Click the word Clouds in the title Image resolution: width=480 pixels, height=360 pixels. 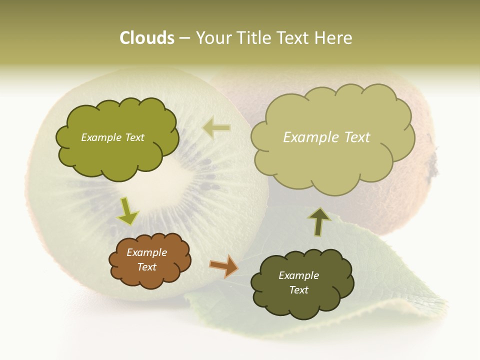coord(146,38)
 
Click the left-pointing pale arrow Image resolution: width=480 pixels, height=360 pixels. coord(216,128)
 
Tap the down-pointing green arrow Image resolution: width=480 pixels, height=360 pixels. coord(127,211)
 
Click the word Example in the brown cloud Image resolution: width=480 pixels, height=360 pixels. coord(146,252)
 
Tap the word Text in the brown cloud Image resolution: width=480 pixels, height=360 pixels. coord(146,267)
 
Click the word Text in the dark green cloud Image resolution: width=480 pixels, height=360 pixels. coord(298,290)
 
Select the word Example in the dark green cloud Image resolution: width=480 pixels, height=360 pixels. coord(298,275)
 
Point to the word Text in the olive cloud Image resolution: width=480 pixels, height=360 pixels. coord(133,137)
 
